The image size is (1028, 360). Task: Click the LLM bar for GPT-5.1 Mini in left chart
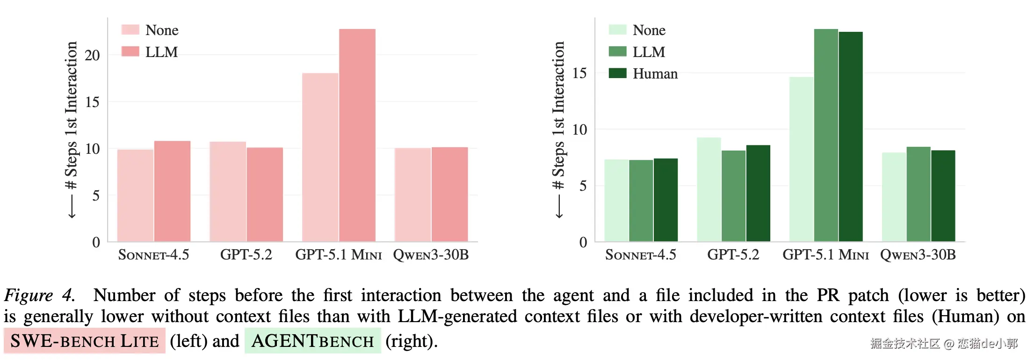[357, 136]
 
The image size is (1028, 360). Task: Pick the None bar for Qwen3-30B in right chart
[894, 197]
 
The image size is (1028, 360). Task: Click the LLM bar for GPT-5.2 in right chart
[733, 196]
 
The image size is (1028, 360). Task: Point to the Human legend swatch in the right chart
[617, 73]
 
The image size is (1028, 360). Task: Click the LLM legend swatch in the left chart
[130, 51]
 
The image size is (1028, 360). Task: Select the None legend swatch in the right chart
[617, 30]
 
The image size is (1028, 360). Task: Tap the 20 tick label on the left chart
[92, 55]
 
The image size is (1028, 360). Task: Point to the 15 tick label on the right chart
[579, 73]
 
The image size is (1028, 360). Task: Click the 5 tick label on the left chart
[96, 195]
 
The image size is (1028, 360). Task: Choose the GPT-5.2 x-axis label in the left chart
[246, 255]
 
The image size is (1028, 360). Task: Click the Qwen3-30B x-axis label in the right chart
[918, 255]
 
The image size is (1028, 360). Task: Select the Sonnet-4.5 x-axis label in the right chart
[640, 255]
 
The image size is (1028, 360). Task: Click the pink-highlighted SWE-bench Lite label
[85, 341]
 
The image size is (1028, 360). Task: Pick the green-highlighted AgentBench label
[312, 341]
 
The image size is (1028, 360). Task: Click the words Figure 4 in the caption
[39, 295]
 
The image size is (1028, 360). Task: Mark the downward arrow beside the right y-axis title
[559, 206]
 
